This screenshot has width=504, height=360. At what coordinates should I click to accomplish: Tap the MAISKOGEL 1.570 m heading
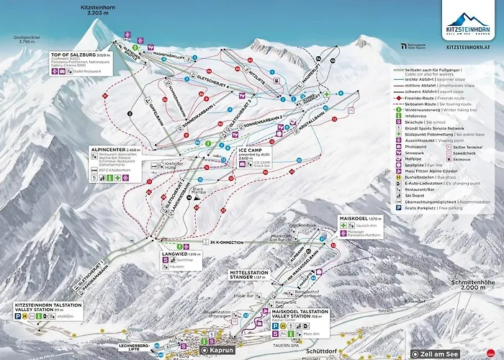coord(357,217)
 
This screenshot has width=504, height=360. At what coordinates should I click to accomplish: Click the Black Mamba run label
coord(198,192)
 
